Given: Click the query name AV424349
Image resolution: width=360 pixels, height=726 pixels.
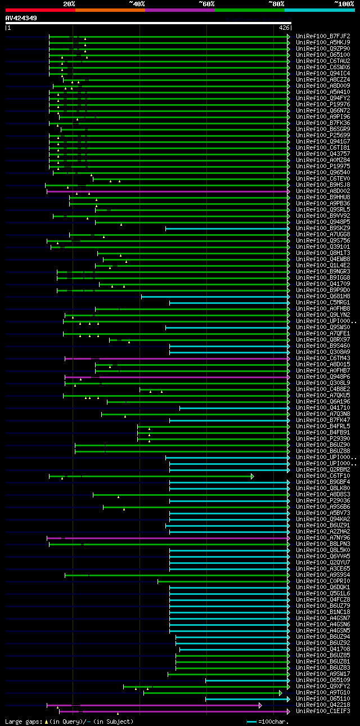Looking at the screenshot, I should coord(21,18).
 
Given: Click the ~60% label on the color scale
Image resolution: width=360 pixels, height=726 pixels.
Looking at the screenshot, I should coord(206,4).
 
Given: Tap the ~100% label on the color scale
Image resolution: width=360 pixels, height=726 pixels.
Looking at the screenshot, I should coord(344,4).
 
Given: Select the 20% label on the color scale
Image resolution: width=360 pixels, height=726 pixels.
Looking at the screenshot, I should coord(69,4).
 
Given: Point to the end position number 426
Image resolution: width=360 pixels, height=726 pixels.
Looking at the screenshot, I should coord(283,28).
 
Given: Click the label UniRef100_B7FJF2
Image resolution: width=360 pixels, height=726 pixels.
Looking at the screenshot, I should coord(322,37).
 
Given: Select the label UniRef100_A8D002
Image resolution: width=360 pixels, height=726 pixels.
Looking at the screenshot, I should coord(322,191).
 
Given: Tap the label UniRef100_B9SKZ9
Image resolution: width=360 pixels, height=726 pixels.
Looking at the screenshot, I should coord(322,228).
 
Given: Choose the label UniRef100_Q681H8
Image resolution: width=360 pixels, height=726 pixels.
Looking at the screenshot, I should coord(322,297).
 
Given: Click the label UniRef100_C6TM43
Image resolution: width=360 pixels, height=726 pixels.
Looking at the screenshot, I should coord(322,358).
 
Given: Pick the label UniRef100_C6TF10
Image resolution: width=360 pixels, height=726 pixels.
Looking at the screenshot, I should coord(322,476).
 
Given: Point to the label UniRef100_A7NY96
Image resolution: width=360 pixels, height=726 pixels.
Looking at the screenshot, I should coord(322,538).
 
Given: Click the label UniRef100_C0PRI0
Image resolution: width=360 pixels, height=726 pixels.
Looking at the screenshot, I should coord(322,581).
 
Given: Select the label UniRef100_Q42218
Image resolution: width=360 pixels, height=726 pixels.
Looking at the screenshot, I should coord(322,705).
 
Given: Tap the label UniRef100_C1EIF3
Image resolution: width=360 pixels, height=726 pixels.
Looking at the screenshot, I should coord(322,711).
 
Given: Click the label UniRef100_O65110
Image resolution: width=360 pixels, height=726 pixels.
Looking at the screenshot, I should coord(322,699).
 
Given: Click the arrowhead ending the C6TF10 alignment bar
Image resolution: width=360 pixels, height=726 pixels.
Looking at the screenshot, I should coord(253,476).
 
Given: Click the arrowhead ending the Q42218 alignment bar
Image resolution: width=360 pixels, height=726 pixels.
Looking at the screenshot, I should coord(260,705).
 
